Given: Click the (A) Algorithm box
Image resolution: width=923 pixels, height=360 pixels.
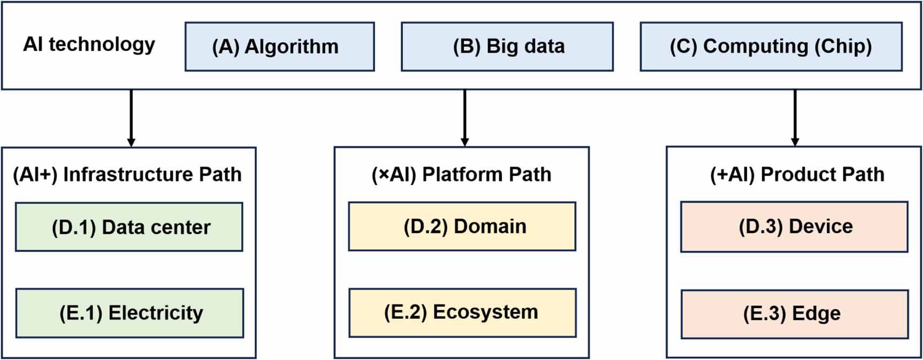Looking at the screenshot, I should point(279,47).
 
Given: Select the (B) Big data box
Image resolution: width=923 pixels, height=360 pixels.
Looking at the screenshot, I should point(507,47).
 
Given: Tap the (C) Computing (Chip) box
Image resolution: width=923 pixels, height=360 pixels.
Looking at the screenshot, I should point(771,47).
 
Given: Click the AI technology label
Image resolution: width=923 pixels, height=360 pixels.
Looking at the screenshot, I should point(89,44).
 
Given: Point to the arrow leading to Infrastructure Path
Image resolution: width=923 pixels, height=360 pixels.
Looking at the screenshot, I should point(131,118).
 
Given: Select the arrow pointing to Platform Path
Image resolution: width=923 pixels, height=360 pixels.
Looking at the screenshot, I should point(464,118).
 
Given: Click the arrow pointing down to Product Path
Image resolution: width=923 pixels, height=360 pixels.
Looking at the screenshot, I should point(795,118).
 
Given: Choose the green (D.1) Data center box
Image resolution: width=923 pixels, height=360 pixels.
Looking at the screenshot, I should point(129,227).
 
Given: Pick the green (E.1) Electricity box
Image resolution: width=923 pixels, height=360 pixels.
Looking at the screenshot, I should point(129,313).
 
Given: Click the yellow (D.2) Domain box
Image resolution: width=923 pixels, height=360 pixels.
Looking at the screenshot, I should point(462,226).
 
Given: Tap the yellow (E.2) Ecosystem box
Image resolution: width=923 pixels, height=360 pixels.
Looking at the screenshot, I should point(462,312).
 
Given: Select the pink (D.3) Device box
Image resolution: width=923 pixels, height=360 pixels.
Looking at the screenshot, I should point(794,226).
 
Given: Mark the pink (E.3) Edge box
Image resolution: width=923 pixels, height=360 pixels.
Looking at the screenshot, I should point(794,314).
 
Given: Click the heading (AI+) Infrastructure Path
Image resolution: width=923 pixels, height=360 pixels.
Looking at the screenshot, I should point(127,174).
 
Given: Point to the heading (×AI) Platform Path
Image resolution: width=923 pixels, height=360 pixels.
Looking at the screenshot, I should point(461,174).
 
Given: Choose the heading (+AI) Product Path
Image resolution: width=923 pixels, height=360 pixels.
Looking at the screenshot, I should point(797,174).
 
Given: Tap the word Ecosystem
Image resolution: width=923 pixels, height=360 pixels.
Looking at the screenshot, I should point(485,312).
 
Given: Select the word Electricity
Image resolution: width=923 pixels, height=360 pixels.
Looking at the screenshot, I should point(156,313).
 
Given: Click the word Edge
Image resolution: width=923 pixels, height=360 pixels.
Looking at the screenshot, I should point(816,314).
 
